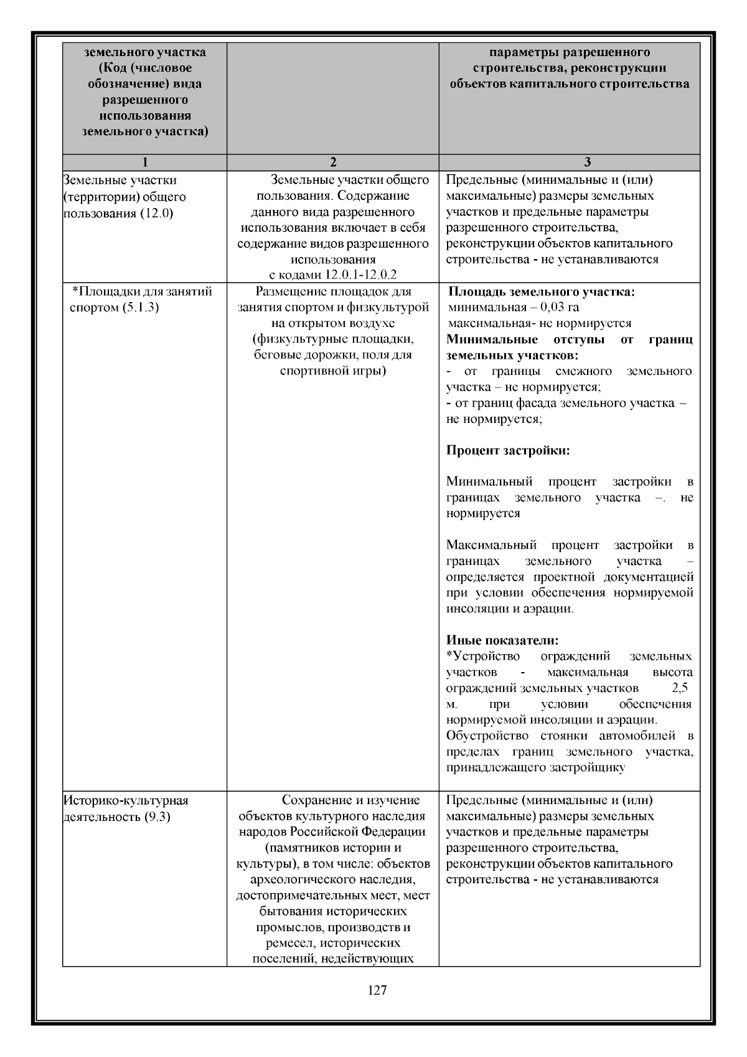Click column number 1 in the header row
tap(145, 163)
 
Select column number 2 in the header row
tap(333, 163)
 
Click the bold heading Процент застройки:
tap(508, 450)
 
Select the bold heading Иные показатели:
tap(502, 640)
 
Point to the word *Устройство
tap(483, 656)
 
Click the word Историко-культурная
tap(126, 800)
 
